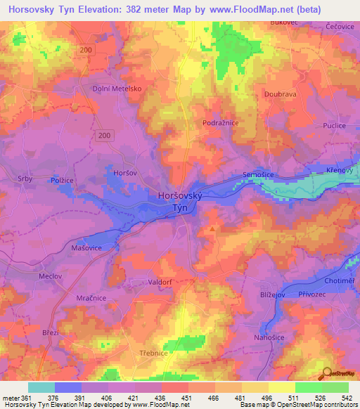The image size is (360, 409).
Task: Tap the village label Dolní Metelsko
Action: [x=117, y=89]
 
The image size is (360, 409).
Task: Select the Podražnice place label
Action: [x=221, y=122]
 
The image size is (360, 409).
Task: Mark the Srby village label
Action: [x=25, y=179]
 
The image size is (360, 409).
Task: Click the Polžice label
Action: [x=62, y=181]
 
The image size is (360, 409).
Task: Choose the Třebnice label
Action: [x=153, y=353]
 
